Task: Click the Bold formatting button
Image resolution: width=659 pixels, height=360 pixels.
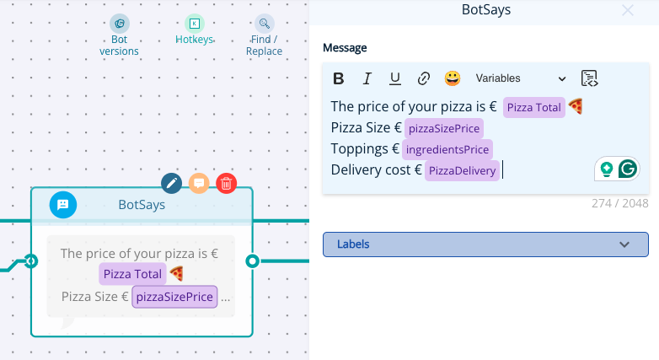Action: [338, 78]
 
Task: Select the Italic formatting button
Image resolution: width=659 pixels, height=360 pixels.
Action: [367, 78]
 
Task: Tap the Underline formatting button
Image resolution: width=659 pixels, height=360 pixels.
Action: [395, 78]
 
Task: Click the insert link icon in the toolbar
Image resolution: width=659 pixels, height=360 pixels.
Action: [424, 78]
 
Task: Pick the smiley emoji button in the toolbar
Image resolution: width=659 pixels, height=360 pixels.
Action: [453, 78]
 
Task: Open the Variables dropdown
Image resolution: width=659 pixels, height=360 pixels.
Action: [521, 78]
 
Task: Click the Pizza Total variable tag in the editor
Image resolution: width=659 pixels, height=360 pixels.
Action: [533, 108]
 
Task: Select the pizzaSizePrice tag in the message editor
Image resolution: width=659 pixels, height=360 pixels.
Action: [444, 129]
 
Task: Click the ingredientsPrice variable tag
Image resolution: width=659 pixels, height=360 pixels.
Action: [447, 150]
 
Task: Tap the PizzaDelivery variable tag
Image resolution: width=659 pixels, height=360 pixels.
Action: [462, 171]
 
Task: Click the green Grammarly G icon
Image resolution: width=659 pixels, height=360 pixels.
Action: [628, 169]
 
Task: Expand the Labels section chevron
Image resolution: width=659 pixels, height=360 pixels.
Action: [624, 244]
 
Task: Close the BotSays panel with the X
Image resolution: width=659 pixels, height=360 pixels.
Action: [628, 10]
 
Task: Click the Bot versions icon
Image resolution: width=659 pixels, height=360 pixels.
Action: [120, 24]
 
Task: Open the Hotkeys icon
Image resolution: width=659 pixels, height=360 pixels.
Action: [195, 24]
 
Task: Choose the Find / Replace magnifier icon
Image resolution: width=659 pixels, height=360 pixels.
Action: [265, 24]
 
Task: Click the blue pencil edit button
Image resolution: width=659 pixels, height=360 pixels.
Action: [171, 183]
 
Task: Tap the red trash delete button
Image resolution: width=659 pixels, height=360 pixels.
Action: [227, 183]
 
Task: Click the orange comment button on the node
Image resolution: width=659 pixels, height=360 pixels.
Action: [199, 183]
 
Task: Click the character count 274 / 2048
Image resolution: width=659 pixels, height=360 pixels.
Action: [620, 203]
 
